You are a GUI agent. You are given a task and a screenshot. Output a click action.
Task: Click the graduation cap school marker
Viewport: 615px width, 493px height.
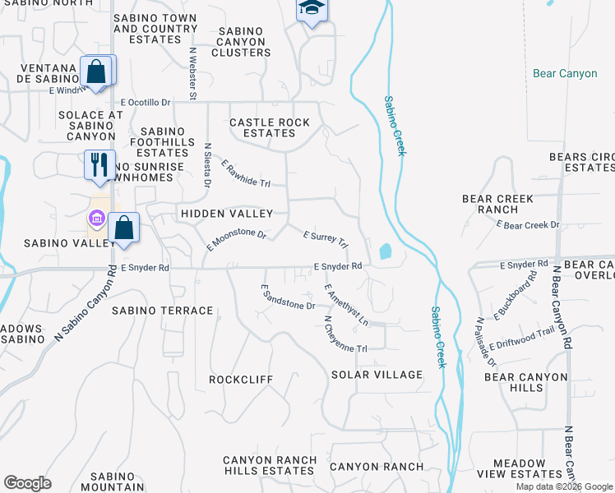[x=312, y=10]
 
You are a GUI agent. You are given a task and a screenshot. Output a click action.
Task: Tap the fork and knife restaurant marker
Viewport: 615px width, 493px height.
[x=99, y=164]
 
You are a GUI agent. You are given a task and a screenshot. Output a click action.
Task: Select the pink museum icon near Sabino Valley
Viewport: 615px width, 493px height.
[x=96, y=219]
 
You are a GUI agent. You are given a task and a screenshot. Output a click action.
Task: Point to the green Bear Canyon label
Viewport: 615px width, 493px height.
[x=565, y=73]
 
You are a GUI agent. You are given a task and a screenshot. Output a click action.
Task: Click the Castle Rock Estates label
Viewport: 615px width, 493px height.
[x=270, y=127]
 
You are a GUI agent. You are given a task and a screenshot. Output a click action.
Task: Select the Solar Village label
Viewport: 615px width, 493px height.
[x=377, y=375]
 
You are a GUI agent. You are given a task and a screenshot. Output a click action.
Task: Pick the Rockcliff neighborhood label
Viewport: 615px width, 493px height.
[x=241, y=380]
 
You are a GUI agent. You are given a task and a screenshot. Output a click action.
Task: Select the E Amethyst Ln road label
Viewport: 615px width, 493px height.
[x=346, y=304]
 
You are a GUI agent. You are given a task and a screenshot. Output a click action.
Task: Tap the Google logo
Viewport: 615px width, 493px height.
[x=27, y=483]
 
